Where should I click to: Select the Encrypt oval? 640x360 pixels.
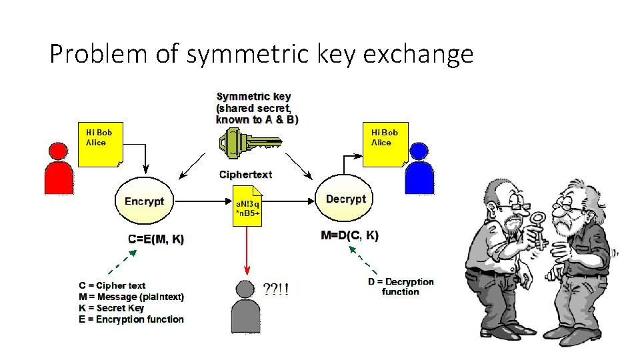point(144,201)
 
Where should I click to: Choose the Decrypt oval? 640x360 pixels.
point(345,199)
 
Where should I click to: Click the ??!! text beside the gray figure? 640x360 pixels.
point(276,290)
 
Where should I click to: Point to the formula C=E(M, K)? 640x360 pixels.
point(156,239)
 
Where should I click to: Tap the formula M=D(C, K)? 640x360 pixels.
point(349,235)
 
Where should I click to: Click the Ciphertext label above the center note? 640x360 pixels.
point(246,175)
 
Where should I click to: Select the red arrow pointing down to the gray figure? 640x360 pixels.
point(247,250)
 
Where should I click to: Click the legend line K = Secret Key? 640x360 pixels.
point(111,308)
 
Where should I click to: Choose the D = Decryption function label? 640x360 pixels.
point(401,287)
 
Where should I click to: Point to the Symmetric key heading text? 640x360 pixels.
point(253,97)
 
